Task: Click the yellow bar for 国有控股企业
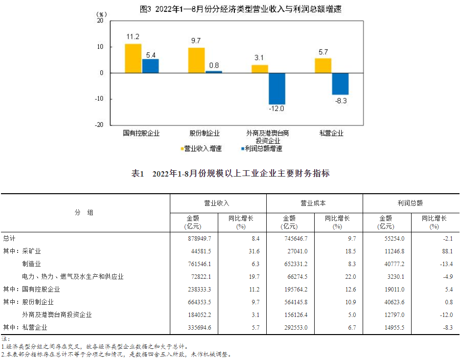133,58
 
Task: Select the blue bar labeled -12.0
277,89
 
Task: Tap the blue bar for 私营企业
340,84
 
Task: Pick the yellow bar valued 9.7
196,60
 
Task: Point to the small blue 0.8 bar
213,72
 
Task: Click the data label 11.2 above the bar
133,37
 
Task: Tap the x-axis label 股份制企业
205,133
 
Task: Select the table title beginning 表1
230,174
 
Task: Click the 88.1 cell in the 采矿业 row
446,251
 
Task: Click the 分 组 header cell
84,213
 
